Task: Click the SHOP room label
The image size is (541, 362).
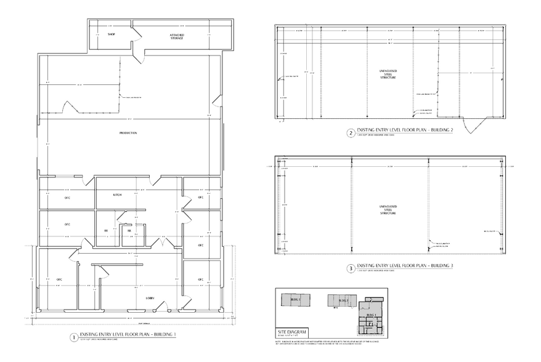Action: coord(112,34)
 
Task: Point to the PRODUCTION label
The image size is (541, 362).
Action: coord(128,133)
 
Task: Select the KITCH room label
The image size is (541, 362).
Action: coord(117,195)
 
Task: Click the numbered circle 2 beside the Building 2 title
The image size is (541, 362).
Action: coord(351,132)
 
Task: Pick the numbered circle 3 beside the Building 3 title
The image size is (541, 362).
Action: coord(351,268)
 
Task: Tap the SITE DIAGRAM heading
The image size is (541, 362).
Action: coord(291,331)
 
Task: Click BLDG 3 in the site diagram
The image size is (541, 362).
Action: coord(295,299)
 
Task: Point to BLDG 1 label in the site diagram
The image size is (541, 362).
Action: coord(370,314)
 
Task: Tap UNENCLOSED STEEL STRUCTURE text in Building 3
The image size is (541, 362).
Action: coord(388,210)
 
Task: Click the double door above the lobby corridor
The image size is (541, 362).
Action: coord(162,243)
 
